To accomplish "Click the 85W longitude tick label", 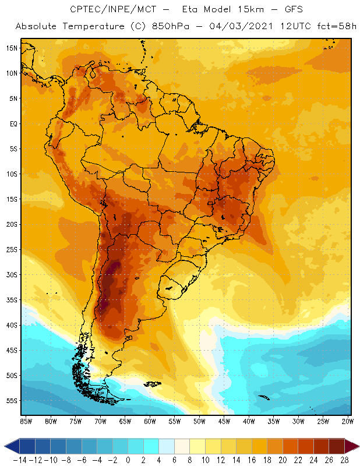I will [x=26, y=421].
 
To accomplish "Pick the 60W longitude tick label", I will [x=150, y=421].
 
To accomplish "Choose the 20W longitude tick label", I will [x=348, y=421].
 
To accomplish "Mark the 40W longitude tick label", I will [x=249, y=421].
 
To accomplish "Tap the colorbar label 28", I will [x=345, y=460].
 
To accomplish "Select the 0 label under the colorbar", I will [x=128, y=460].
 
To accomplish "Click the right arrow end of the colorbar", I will [x=352, y=446].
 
